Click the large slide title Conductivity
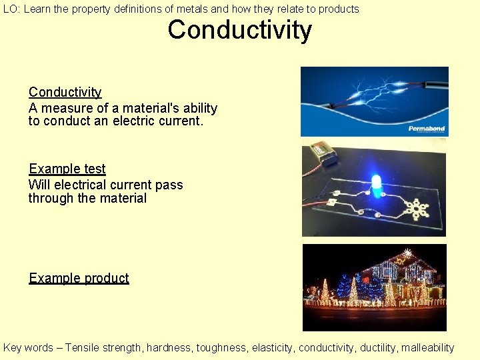239,31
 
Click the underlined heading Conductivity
65,93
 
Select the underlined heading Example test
67,169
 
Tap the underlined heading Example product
79,278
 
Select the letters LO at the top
9,9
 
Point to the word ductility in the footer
379,347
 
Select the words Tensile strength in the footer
103,347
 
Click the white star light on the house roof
407,253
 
